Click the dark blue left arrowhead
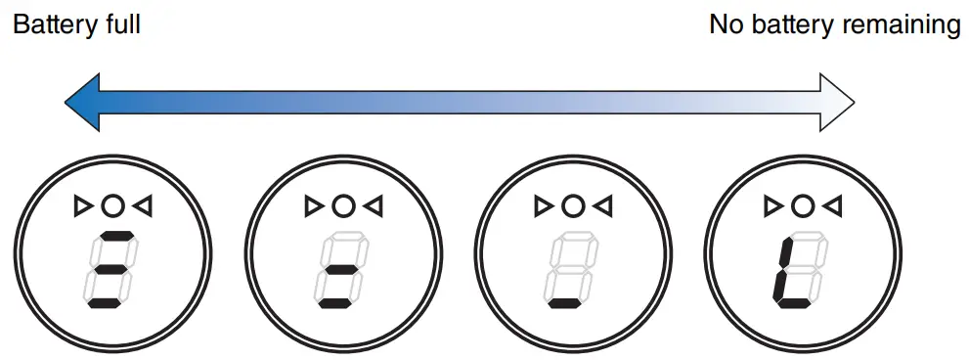[x=82, y=103]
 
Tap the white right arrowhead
[x=837, y=103]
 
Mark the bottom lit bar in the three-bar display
[x=106, y=302]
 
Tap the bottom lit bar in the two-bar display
[x=334, y=302]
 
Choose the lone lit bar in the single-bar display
[x=564, y=302]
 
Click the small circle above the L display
[x=802, y=205]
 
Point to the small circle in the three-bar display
[x=113, y=205]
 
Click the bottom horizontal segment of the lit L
[x=793, y=302]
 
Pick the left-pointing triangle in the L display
[x=833, y=205]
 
